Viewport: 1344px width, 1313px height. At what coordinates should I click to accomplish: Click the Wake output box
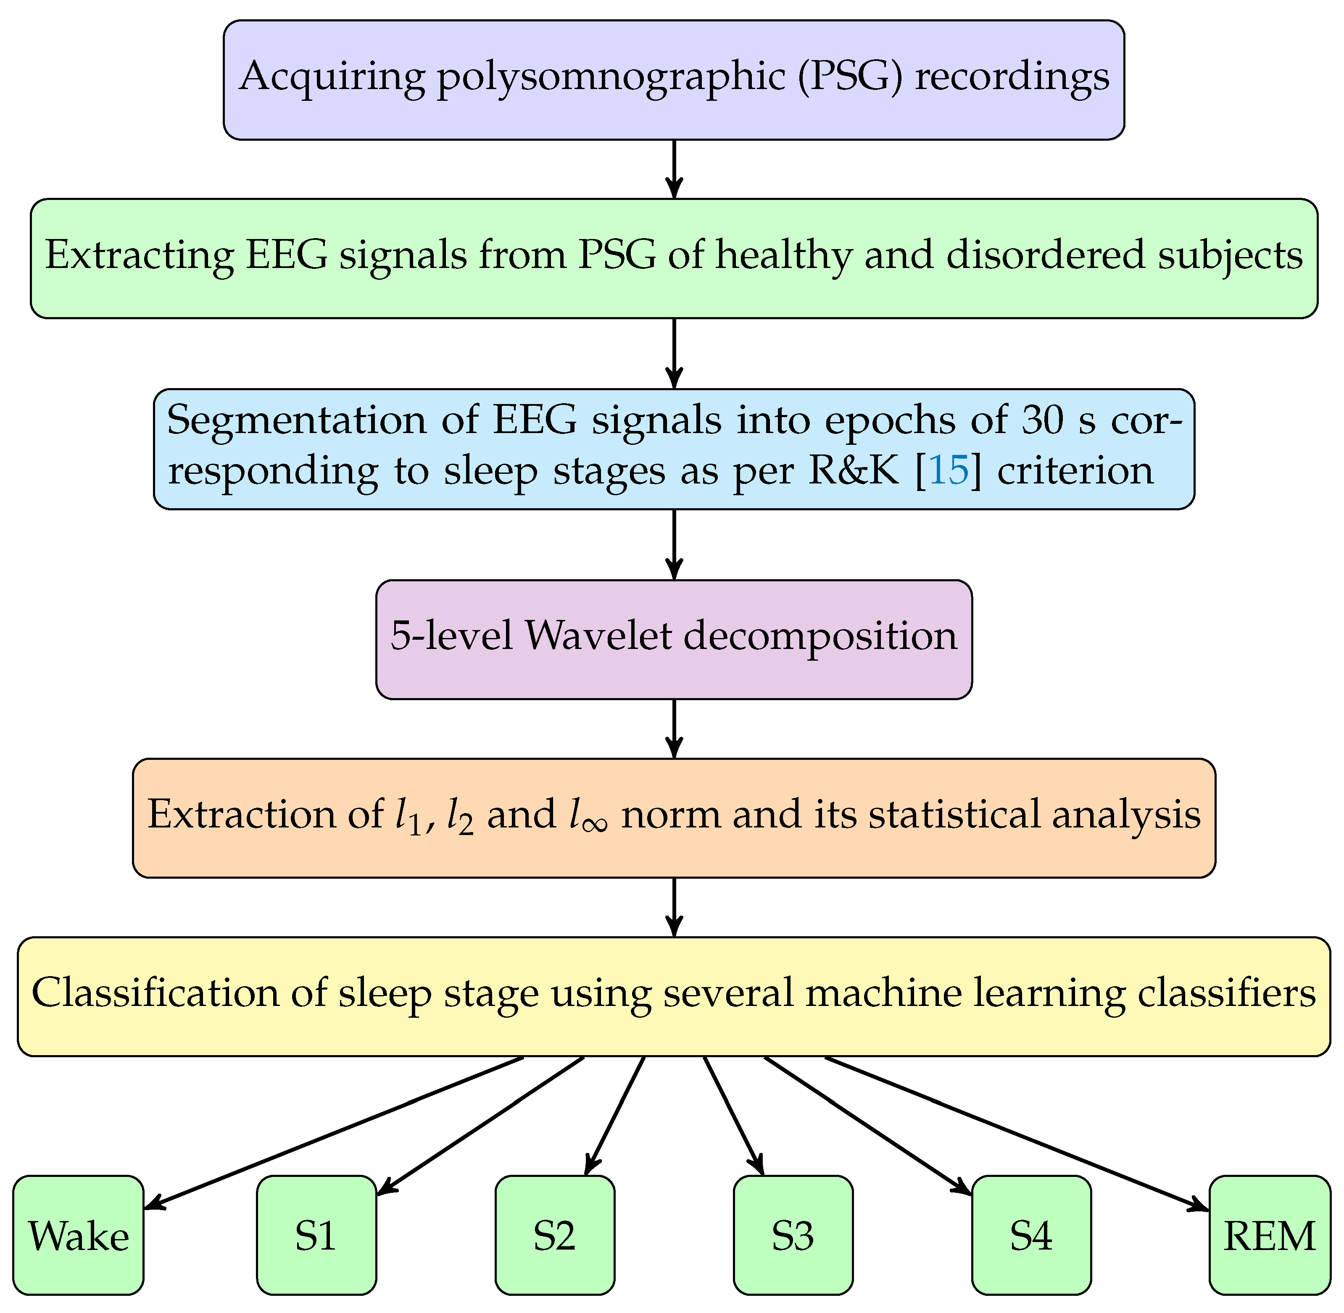coord(78,1234)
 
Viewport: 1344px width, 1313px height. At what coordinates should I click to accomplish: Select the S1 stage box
coord(316,1234)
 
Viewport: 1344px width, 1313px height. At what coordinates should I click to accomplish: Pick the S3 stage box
coord(793,1234)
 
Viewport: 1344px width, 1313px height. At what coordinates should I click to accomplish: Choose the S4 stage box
coord(1031,1234)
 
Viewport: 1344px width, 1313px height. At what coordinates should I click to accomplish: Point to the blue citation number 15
coord(949,470)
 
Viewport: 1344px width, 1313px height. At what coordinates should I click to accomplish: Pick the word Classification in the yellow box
coord(155,993)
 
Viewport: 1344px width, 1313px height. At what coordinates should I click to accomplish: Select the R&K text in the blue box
coord(854,470)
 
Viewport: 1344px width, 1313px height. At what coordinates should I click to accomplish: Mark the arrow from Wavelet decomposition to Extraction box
coord(674,728)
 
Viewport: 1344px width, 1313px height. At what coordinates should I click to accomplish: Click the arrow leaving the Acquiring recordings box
coord(674,169)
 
